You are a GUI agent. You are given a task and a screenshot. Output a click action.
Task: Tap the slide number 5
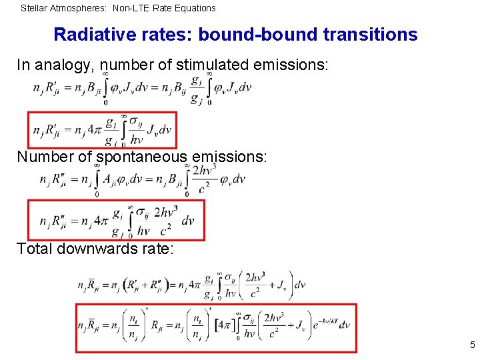coord(472,345)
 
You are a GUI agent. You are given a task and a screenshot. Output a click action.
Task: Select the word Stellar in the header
coord(34,8)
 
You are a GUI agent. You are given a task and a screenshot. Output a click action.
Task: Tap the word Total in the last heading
coord(33,249)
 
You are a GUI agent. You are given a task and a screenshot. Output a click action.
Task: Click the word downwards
coord(92,249)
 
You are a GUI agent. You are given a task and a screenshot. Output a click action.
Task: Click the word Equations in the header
coord(195,8)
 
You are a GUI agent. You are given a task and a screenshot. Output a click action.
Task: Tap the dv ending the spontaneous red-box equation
coord(188,221)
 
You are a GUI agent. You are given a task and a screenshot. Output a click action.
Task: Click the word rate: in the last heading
coord(154,249)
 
